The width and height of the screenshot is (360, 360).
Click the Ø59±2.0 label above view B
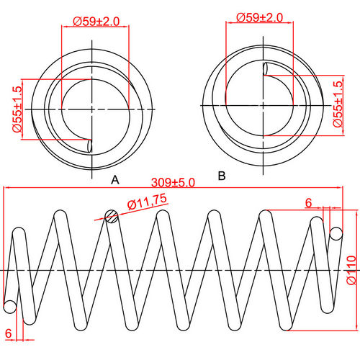coord(260,16)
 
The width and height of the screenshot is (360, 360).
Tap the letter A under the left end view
coord(114,180)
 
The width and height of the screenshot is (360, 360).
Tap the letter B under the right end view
coord(222,175)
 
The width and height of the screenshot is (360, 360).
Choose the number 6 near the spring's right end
coord(308,204)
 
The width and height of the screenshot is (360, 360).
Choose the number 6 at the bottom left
coord(9,333)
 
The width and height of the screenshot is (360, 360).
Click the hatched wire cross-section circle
coord(111,215)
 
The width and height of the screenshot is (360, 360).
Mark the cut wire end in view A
coord(89,145)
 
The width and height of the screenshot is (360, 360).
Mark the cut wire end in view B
coord(266,69)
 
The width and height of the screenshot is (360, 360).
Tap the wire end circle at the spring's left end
coord(9,306)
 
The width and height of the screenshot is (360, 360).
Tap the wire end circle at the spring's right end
coord(336,233)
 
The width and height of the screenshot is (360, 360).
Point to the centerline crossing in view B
coord(261,106)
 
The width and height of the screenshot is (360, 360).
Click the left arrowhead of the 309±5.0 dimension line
coord(6,189)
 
